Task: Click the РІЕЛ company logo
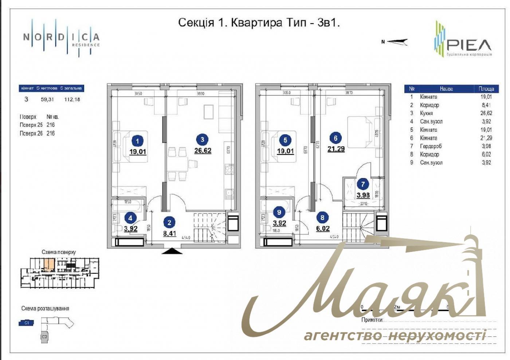click(x=463, y=39)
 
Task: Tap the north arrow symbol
click(x=396, y=42)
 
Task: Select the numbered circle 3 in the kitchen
click(x=202, y=139)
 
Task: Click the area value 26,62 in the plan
click(x=203, y=150)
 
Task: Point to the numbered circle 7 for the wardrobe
click(x=363, y=184)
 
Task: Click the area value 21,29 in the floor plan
click(x=336, y=149)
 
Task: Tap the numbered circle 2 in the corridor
click(x=169, y=222)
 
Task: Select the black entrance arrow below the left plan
click(x=172, y=251)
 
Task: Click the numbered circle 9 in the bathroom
click(x=279, y=213)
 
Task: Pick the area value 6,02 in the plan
click(x=323, y=229)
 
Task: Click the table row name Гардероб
click(x=431, y=146)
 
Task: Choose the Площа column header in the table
click(x=486, y=89)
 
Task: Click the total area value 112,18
click(x=72, y=99)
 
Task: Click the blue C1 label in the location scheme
click(x=27, y=323)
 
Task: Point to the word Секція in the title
click(x=196, y=23)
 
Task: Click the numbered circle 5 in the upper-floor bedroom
click(x=285, y=140)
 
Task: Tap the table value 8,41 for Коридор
click(x=486, y=105)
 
